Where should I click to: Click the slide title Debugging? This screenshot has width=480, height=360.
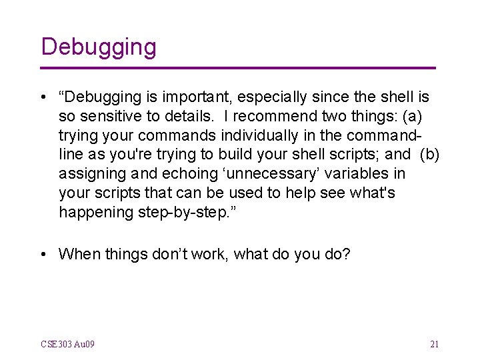tap(98, 47)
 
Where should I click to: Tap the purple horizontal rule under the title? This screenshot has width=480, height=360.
tap(238, 68)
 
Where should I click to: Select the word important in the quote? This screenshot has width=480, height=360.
tap(176, 97)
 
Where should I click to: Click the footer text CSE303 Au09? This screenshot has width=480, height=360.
tap(67, 345)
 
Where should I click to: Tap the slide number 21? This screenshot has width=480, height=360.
tap(434, 345)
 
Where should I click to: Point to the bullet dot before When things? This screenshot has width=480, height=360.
tap(44, 254)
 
